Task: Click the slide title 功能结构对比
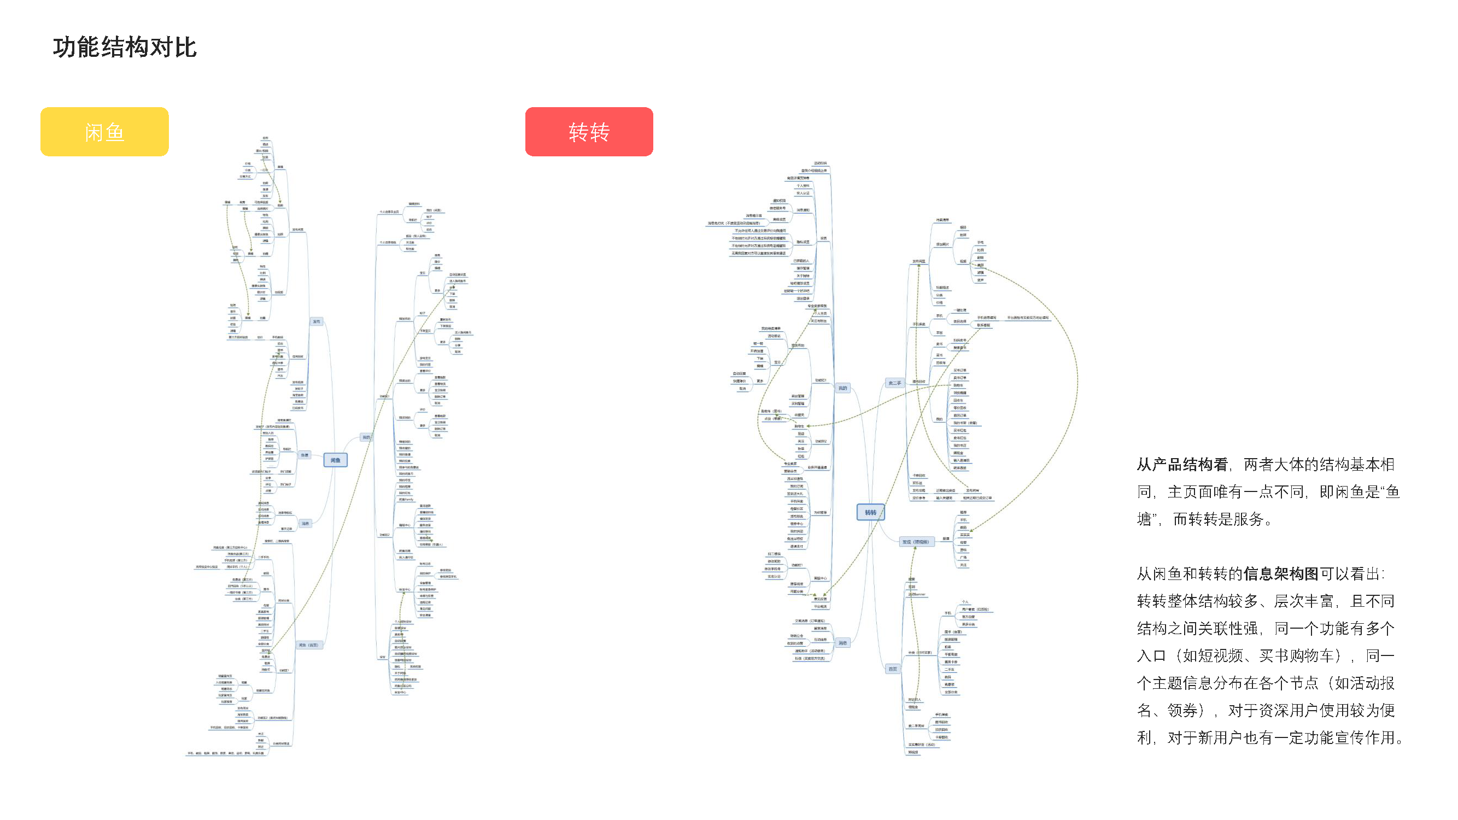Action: (x=125, y=47)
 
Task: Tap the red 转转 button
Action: (x=589, y=132)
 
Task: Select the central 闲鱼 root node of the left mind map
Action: (x=335, y=460)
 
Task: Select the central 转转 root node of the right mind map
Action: (x=870, y=513)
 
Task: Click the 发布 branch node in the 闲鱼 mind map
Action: (x=317, y=321)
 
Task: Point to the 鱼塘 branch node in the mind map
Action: (x=305, y=455)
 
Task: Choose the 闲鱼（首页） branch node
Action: (x=308, y=645)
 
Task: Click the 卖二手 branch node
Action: (x=894, y=383)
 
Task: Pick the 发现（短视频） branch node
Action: (x=915, y=542)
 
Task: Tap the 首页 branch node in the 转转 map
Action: (x=893, y=669)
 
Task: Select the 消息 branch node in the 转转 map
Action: (x=843, y=643)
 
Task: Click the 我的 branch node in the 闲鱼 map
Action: (x=366, y=437)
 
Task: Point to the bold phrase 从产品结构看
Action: (x=1182, y=465)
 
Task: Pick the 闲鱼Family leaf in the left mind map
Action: (x=406, y=500)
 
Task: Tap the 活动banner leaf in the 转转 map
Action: (x=916, y=594)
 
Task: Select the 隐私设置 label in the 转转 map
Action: (x=803, y=242)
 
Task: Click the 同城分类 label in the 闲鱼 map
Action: (x=284, y=600)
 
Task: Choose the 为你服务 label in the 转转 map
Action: (x=820, y=513)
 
